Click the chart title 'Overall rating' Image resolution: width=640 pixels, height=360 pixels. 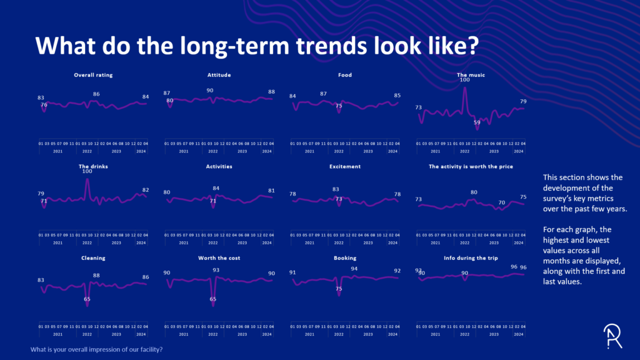(93, 75)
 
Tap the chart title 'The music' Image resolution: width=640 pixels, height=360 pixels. (471, 75)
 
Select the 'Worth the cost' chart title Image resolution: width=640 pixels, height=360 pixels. (219, 257)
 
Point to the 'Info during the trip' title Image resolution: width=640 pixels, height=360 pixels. (470, 257)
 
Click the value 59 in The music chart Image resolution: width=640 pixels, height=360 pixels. (477, 123)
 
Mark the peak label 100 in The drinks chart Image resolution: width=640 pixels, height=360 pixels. (87, 171)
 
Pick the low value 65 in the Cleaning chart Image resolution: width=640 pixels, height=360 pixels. (87, 299)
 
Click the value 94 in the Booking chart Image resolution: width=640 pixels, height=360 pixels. (354, 269)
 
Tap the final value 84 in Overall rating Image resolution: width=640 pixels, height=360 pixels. (146, 97)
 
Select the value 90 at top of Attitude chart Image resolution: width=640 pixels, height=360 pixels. (210, 91)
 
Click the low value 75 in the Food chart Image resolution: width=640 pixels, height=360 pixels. (338, 106)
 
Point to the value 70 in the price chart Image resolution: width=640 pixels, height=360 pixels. (501, 202)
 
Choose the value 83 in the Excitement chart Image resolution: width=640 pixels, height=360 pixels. (336, 189)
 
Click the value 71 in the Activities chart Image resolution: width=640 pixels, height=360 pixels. (212, 201)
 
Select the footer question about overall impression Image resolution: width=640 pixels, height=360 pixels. (97, 349)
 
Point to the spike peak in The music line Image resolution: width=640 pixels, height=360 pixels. (464, 87)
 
